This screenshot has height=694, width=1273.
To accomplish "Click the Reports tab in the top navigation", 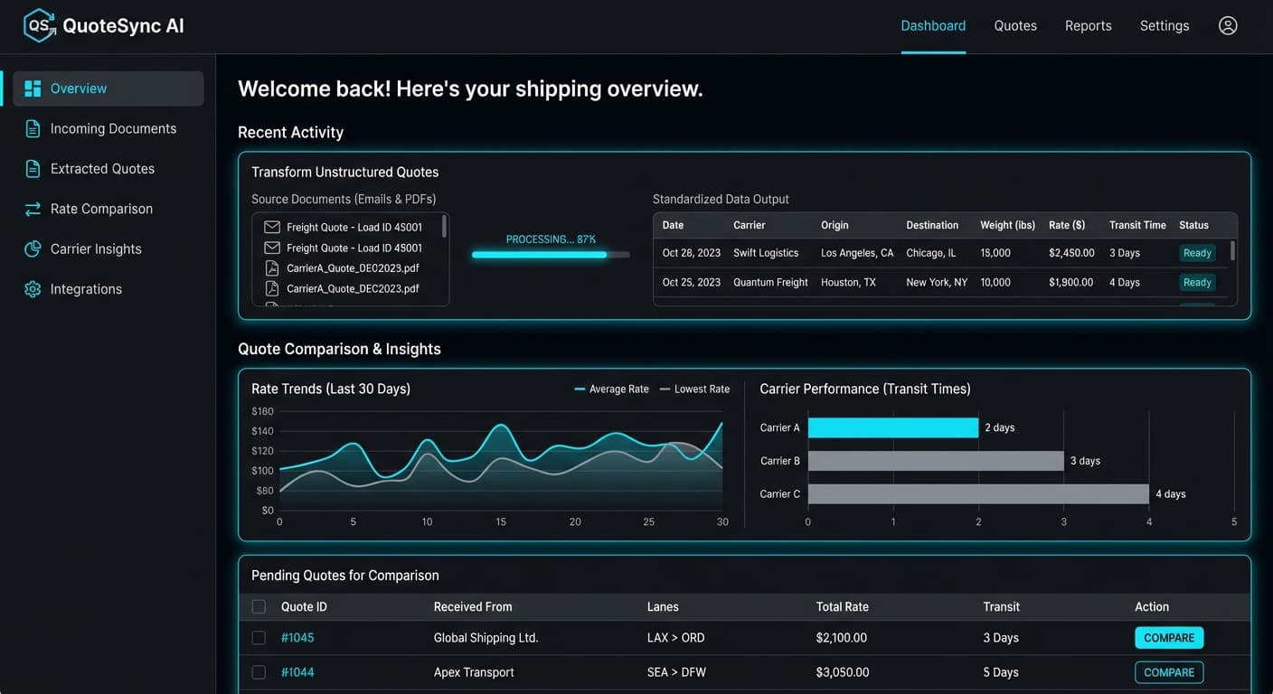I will [x=1088, y=25].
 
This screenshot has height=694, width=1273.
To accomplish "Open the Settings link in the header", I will [x=1164, y=25].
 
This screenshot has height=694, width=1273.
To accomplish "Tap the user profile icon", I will [x=1227, y=25].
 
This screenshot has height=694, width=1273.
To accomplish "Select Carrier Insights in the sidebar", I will [x=96, y=249].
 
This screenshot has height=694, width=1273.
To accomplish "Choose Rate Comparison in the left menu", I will [x=101, y=209].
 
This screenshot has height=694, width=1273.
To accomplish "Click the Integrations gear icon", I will [x=33, y=289].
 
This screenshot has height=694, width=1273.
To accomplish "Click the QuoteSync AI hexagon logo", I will [x=39, y=25].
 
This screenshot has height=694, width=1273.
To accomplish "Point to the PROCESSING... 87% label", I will [x=551, y=239].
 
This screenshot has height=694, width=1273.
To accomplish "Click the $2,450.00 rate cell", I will [x=1071, y=253].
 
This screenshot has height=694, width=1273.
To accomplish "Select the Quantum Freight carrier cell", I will [x=770, y=282].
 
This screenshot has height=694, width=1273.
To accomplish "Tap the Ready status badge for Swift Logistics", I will [x=1196, y=253].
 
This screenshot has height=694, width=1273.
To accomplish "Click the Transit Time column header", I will [x=1136, y=225].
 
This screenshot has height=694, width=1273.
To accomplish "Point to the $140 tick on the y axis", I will [x=262, y=432].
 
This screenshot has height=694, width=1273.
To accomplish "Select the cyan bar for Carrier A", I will [x=892, y=427].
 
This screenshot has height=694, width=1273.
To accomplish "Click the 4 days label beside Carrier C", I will [x=1170, y=494].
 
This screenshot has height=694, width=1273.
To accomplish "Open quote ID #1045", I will [x=297, y=638].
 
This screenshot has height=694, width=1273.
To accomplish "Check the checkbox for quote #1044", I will [x=259, y=672].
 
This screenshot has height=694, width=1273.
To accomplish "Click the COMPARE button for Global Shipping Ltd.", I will [x=1168, y=638].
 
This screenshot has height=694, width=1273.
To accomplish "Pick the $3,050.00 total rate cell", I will [x=842, y=672].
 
